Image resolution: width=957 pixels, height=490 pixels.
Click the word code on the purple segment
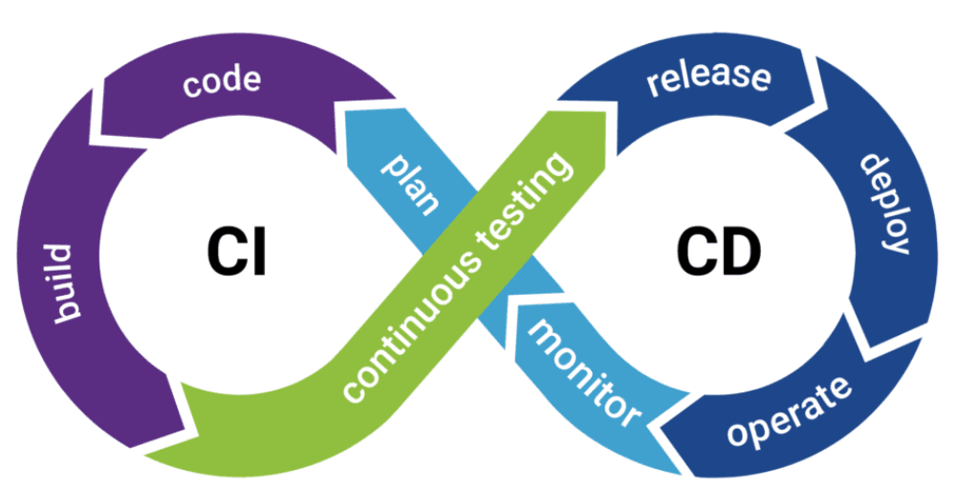point(222,81)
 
